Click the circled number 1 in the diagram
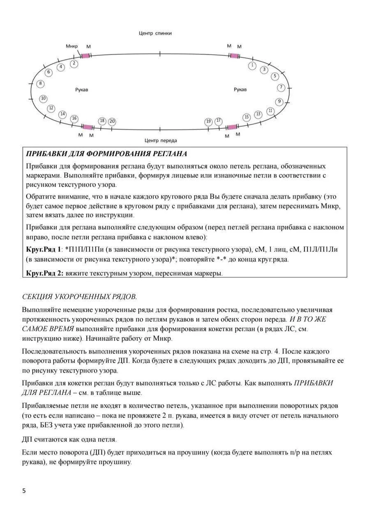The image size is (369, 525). pos(253,65)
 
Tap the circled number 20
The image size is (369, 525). pos(112,121)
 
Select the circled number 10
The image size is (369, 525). pos(43,98)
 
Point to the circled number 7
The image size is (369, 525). pos(281,87)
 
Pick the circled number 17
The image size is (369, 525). pos(219,121)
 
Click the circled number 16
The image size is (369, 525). pos(74,119)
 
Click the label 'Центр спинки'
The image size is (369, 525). pos(155,33)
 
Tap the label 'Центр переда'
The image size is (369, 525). pos(161,140)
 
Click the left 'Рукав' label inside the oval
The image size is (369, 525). pos(81,89)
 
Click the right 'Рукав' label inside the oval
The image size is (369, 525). pos(240,89)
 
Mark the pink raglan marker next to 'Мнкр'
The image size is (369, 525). pos(85,55)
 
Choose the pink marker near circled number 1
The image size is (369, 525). pos(234,55)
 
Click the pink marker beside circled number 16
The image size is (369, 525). pos(87,127)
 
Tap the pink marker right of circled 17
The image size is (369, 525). pos(232,127)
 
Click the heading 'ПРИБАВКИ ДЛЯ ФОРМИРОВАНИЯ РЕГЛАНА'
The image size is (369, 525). pos(106,154)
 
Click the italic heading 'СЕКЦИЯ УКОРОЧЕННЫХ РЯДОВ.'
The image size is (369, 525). pos(79,296)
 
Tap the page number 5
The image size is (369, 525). pos(24,491)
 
